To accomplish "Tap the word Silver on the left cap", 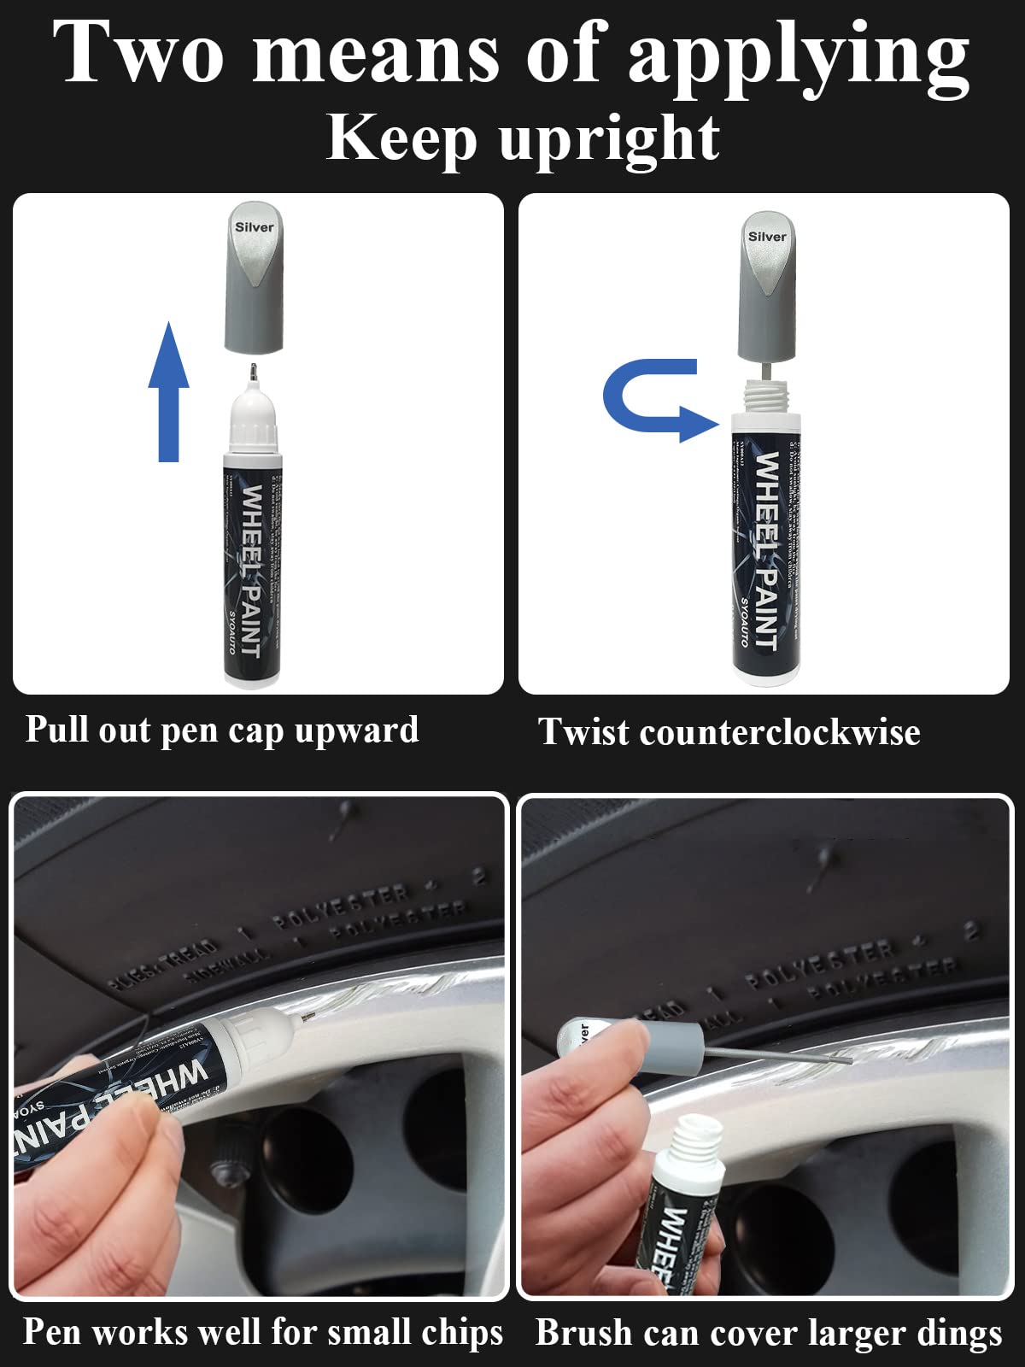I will tap(255, 227).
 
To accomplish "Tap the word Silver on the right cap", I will tap(767, 237).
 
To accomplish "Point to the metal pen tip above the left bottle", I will tap(253, 373).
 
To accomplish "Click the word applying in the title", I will tap(798, 56).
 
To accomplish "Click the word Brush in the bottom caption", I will tap(583, 1333).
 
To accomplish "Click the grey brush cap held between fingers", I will tap(675, 1044).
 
